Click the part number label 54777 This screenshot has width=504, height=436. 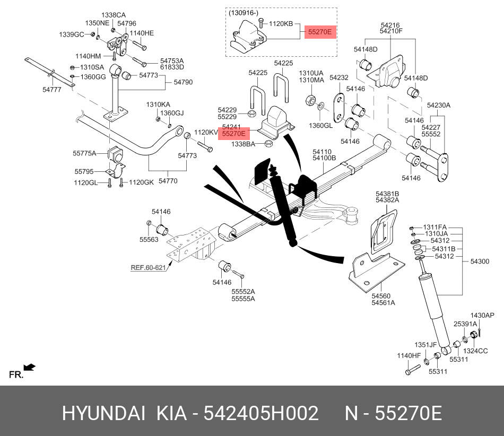52,90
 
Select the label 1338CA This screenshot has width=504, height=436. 114,15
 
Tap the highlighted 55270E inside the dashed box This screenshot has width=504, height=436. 320,32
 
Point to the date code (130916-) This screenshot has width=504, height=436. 245,12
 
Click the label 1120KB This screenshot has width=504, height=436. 281,24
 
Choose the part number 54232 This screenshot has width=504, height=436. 339,77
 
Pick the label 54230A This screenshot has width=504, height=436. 439,105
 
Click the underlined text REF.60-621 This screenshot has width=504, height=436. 148,267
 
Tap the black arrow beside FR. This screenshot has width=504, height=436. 30,367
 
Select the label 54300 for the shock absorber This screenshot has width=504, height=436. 481,261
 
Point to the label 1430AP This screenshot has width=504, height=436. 482,316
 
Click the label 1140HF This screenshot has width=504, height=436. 409,355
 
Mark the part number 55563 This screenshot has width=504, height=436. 149,240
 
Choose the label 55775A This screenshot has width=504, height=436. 85,153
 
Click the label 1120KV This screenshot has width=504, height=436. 206,133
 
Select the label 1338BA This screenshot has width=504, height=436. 242,144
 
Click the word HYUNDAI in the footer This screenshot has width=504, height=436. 103,413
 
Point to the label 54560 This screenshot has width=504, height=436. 381,296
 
